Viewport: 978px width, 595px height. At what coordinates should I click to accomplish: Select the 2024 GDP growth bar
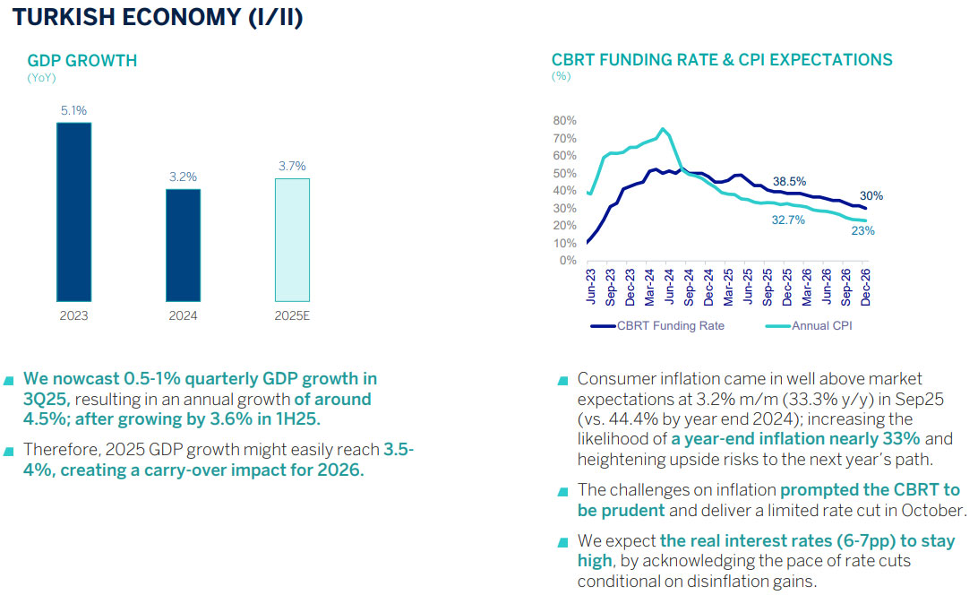pyautogui.click(x=183, y=245)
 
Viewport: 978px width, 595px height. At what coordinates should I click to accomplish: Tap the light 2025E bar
pyautogui.click(x=292, y=239)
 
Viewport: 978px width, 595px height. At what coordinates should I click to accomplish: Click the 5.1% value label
pyautogui.click(x=73, y=111)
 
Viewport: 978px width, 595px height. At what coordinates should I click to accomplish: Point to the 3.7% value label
pyautogui.click(x=292, y=167)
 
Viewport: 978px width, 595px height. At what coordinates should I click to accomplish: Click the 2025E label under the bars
pyautogui.click(x=292, y=316)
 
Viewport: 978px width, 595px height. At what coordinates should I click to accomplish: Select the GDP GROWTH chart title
pyautogui.click(x=82, y=61)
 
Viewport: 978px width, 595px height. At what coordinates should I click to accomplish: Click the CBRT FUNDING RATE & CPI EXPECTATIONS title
pyautogui.click(x=722, y=60)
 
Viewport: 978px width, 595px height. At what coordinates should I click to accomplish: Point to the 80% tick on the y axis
pyautogui.click(x=565, y=121)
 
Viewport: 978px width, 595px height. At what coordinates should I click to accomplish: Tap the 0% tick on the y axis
pyautogui.click(x=568, y=261)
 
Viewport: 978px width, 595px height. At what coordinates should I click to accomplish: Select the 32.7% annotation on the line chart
pyautogui.click(x=789, y=220)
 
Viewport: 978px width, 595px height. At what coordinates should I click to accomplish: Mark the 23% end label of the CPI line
pyautogui.click(x=863, y=231)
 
